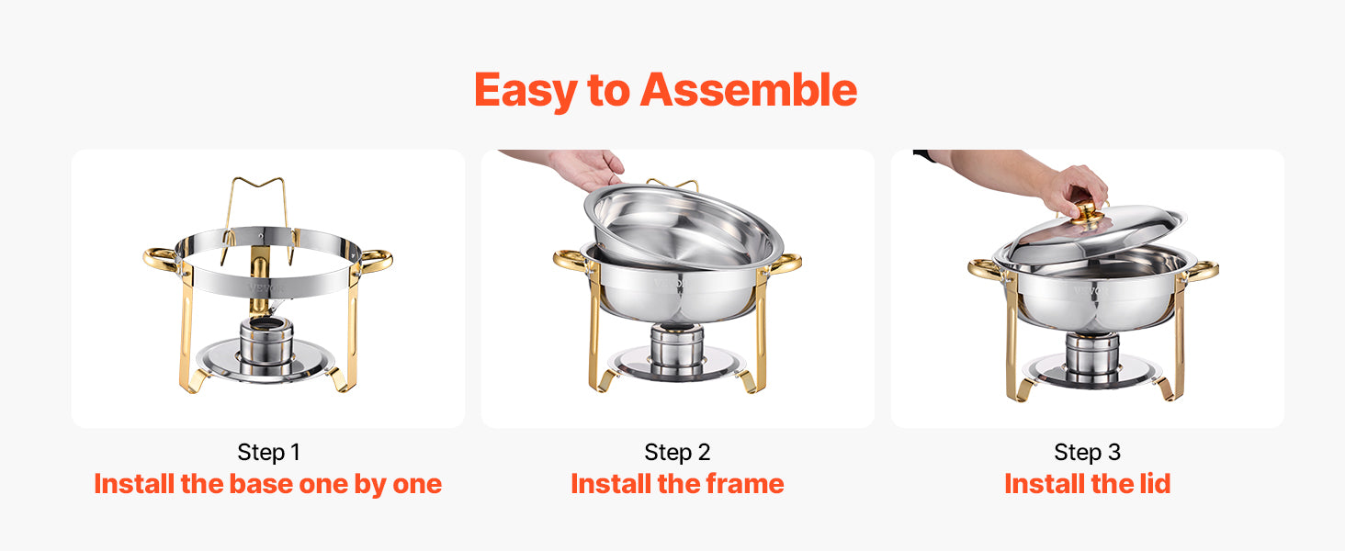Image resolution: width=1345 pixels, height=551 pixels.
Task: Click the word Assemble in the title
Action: click(749, 90)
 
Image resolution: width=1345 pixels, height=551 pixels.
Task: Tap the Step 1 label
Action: click(268, 452)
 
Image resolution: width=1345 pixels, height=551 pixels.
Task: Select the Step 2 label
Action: click(677, 452)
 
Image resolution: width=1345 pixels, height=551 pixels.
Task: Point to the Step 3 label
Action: click(1087, 452)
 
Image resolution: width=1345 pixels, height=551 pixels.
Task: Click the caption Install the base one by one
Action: click(268, 484)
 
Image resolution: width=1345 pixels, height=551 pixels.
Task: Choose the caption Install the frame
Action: click(677, 484)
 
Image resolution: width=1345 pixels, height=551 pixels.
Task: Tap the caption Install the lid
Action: click(1087, 484)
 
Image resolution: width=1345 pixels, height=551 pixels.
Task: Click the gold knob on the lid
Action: click(1088, 214)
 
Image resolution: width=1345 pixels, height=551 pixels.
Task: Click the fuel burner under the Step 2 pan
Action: click(677, 346)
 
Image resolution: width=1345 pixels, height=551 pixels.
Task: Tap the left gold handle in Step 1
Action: click(160, 258)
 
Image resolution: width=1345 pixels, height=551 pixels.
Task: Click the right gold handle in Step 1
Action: click(376, 260)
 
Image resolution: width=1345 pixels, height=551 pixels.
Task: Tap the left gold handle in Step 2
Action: click(569, 260)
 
